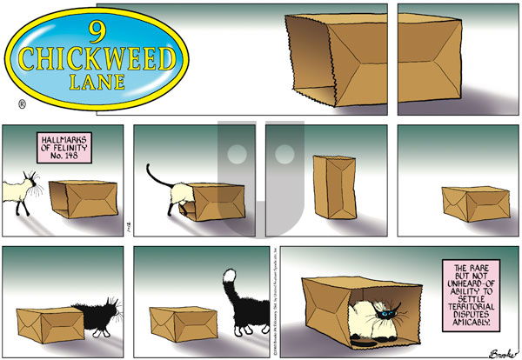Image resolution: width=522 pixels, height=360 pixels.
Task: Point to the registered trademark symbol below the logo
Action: [21, 104]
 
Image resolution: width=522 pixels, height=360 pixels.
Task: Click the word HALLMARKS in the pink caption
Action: [64, 139]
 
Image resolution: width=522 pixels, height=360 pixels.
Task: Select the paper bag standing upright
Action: [334, 186]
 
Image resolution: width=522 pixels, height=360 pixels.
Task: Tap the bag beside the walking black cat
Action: [179, 323]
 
